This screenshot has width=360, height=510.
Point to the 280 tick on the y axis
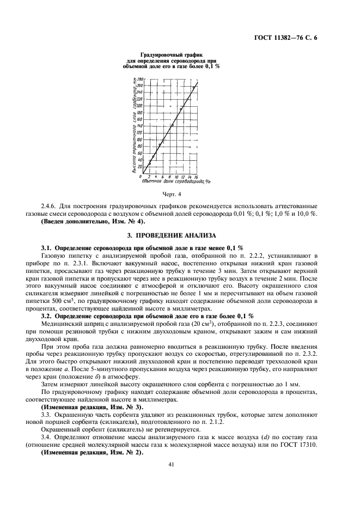pos(138,80)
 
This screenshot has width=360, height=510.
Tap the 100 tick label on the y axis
pos(138,139)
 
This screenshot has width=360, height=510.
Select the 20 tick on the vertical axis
pos(138,167)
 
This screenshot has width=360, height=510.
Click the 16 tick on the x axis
pos(196,177)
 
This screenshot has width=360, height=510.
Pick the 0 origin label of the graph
pos(141,177)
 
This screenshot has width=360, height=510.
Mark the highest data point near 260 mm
pos(193,86)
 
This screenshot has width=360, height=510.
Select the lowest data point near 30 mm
pos(150,162)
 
